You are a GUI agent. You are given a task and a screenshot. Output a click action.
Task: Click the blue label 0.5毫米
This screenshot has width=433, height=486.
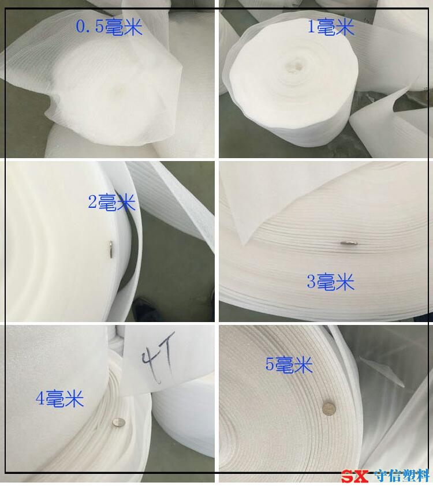click(109, 27)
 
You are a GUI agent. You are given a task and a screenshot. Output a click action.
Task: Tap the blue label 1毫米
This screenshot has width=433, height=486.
click(331, 27)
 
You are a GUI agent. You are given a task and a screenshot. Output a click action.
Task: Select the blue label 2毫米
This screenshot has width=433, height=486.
click(112, 203)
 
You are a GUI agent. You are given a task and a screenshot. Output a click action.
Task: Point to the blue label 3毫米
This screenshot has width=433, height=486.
click(331, 282)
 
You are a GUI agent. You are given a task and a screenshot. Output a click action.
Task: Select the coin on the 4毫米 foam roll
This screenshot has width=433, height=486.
click(118, 422)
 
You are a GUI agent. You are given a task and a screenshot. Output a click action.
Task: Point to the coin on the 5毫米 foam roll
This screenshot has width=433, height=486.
click(329, 409)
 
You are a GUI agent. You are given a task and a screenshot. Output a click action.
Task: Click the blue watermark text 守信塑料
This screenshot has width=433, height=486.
click(401, 476)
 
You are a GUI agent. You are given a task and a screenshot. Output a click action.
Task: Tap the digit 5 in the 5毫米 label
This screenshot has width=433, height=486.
click(270, 365)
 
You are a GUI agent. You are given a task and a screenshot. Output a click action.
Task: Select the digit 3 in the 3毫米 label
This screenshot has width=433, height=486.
click(311, 282)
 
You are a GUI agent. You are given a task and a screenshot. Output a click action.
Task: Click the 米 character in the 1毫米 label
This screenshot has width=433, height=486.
click(345, 27)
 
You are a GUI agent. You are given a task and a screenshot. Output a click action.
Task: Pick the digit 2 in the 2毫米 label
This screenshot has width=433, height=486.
click(93, 203)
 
